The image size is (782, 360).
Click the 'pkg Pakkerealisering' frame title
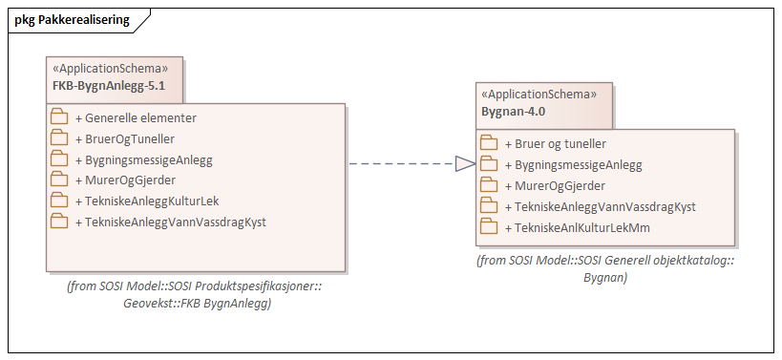pyautogui.click(x=73, y=19)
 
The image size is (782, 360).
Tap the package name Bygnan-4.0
pyautogui.click(x=513, y=111)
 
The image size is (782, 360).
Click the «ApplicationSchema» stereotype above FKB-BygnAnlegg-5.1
pyautogui.click(x=110, y=69)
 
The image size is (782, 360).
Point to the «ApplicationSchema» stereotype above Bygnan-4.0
pyautogui.click(x=539, y=95)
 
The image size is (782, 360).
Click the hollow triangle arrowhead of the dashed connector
pyautogui.click(x=465, y=164)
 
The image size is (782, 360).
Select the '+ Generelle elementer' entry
pyautogui.click(x=136, y=118)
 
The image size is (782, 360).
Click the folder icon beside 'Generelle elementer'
pyautogui.click(x=59, y=118)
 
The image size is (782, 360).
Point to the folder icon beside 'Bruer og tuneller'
pyautogui.click(x=489, y=144)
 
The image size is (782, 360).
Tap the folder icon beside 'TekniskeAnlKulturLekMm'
pyautogui.click(x=489, y=227)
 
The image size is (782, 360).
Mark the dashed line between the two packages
pyautogui.click(x=401, y=164)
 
